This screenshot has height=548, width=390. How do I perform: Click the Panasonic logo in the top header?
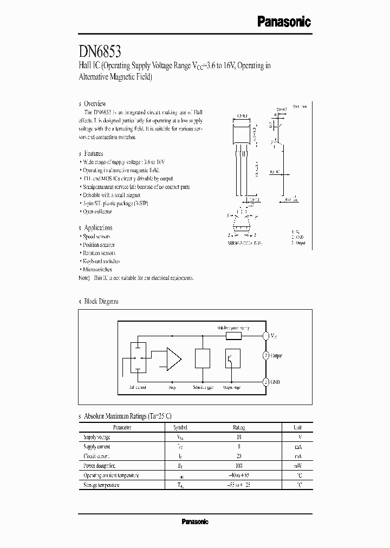(x=283, y=22)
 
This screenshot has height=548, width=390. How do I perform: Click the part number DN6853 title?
(x=100, y=52)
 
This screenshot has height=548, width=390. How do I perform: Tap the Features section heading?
(x=93, y=154)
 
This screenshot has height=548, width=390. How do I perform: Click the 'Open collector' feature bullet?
(x=97, y=212)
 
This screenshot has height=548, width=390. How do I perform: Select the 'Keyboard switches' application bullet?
(x=101, y=261)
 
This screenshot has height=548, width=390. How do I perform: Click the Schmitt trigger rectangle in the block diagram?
(x=202, y=359)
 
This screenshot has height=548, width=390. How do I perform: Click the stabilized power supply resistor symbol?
(x=233, y=336)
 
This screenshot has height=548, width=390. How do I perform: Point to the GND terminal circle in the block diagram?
(x=265, y=382)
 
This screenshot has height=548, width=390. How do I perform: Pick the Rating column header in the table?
(x=238, y=427)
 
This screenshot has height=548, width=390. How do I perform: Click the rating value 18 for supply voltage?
(x=238, y=436)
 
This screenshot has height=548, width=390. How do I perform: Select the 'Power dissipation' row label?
(x=100, y=466)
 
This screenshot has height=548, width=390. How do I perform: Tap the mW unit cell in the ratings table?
(x=297, y=466)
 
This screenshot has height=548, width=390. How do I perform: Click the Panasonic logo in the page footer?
(x=194, y=521)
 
